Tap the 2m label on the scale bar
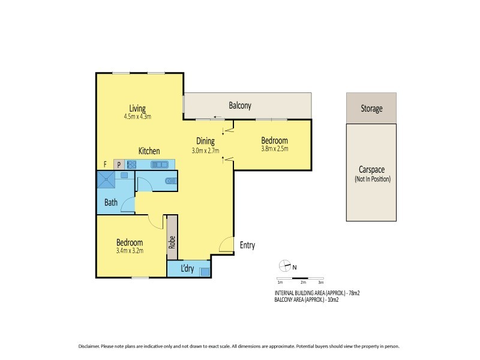pos(303,282)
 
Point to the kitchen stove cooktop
pos(131,164)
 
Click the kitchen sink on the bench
pos(160,164)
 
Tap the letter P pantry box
pos(119,164)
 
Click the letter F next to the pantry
pos(105,164)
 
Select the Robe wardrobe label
pos(172,242)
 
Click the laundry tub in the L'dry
pos(205,271)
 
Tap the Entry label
pos(247,245)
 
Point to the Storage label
pos(371,109)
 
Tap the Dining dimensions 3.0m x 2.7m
pos(206,151)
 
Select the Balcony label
pos(240,106)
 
